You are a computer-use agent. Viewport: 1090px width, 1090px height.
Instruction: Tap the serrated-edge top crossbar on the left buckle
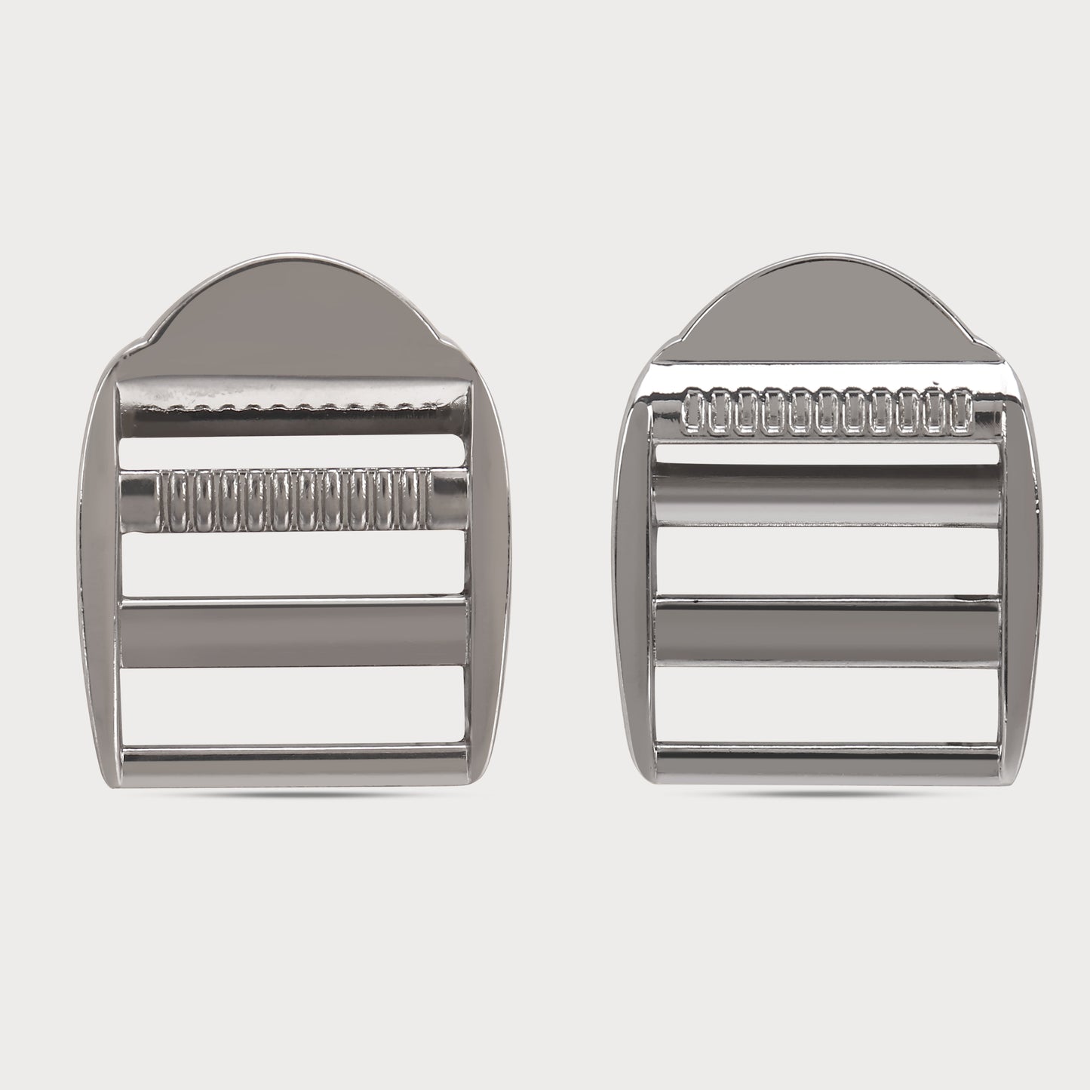click(294, 407)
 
